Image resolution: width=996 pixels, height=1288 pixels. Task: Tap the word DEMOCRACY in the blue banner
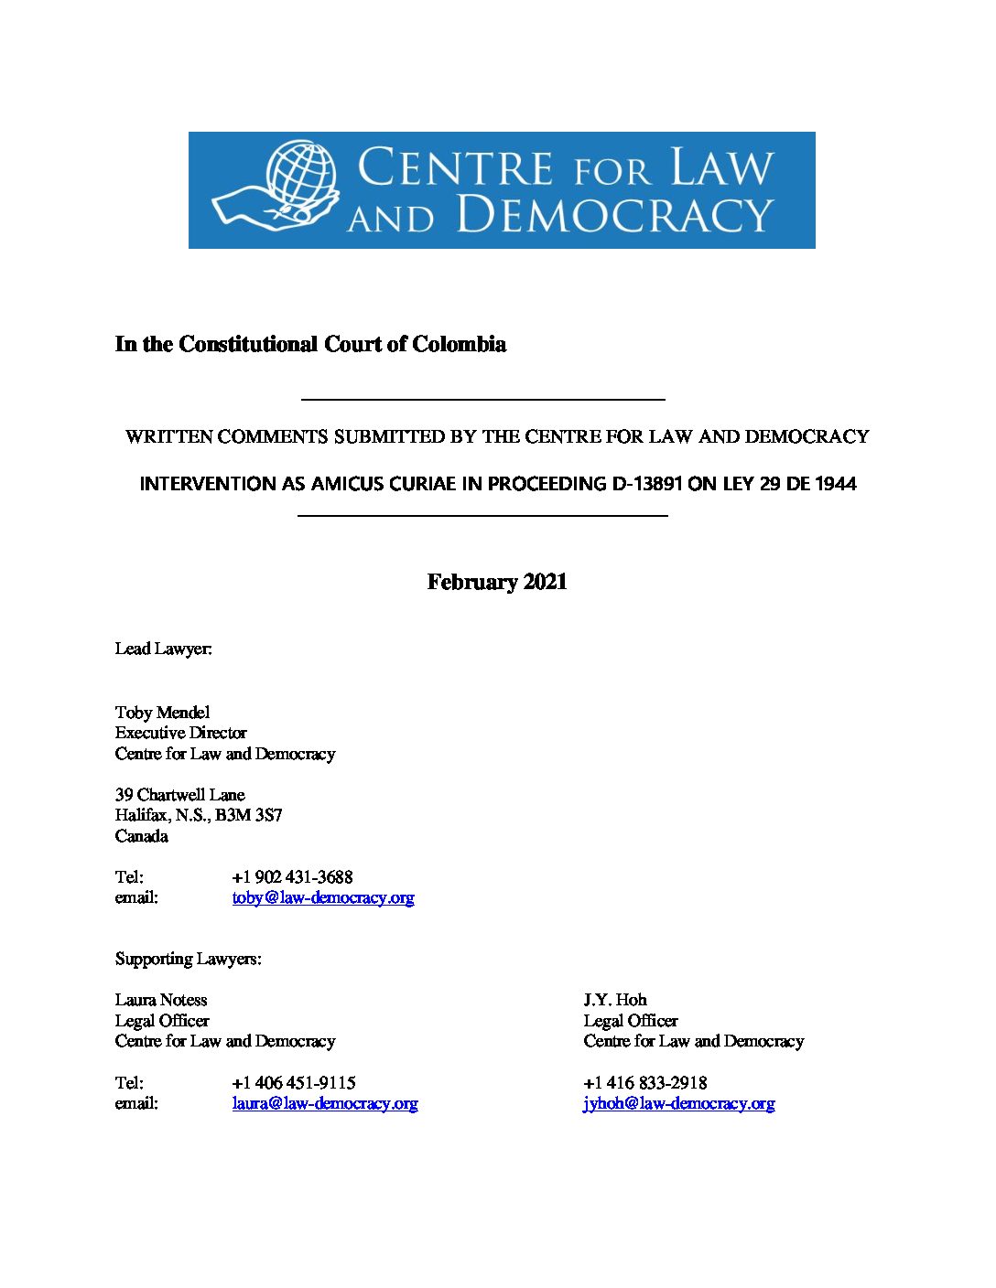(614, 215)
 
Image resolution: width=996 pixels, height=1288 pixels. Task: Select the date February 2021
(497, 582)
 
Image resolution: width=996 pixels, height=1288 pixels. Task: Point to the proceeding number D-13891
(646, 483)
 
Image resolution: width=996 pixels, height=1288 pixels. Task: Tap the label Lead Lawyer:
(164, 649)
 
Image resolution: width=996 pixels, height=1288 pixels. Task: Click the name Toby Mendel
(163, 712)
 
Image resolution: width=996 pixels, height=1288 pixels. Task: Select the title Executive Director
(181, 733)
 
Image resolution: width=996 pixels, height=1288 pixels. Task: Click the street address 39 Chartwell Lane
(180, 794)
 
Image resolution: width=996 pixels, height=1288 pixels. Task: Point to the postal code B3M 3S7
(249, 815)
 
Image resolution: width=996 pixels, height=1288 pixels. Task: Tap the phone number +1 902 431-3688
(292, 876)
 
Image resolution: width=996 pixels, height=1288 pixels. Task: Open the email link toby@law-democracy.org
(323, 897)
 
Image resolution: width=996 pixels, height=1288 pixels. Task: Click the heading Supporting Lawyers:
(189, 959)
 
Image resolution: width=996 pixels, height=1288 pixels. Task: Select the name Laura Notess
(161, 1000)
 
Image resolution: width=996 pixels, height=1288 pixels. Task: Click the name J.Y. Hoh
(615, 1000)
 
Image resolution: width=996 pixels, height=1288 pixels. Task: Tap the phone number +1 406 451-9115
(294, 1082)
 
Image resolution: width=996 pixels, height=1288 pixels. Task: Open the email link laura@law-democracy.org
(325, 1103)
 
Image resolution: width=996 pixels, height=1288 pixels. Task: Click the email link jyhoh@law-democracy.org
(679, 1103)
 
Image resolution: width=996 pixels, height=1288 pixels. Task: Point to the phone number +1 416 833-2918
(645, 1082)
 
